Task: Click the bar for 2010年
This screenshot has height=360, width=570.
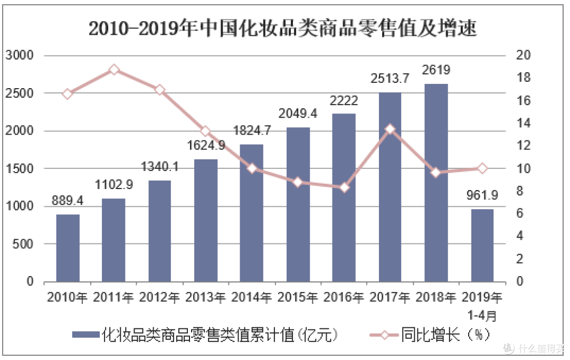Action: click(68, 248)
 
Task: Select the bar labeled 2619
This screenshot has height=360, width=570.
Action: click(436, 183)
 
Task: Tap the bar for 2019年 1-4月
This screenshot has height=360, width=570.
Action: click(482, 245)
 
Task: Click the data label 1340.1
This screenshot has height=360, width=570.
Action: click(160, 167)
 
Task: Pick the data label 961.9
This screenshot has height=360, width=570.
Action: click(482, 196)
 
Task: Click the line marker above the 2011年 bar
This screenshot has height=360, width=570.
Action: click(114, 70)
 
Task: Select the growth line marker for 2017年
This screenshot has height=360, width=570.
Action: click(390, 129)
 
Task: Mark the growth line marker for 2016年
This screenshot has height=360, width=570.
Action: click(344, 187)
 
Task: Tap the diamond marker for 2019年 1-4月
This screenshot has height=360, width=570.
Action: click(482, 168)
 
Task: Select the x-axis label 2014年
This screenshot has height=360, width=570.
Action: click(252, 297)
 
